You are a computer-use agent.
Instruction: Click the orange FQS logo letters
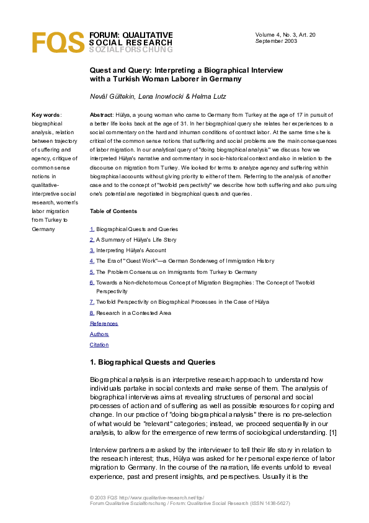click(x=58, y=42)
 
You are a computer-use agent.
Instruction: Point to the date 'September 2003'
click(x=276, y=41)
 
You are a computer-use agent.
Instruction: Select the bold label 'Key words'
click(x=46, y=115)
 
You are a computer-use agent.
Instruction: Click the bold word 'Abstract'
click(x=101, y=115)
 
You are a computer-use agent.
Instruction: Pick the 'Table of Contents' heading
click(x=113, y=211)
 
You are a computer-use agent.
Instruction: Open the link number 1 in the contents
click(x=92, y=229)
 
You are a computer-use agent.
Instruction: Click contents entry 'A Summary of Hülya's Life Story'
click(x=136, y=240)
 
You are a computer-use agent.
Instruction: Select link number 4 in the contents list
click(x=92, y=261)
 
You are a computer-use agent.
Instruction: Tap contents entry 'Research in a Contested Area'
click(x=134, y=313)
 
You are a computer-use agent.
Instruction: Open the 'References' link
click(x=104, y=324)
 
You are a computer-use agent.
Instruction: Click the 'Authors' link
click(x=99, y=334)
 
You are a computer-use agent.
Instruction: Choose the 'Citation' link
click(x=99, y=345)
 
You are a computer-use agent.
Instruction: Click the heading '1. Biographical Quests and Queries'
click(x=153, y=362)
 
